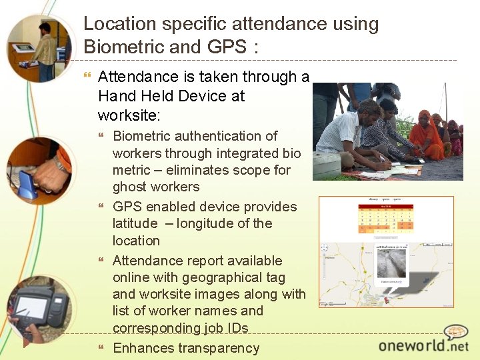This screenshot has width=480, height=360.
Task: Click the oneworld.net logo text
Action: pyautogui.click(x=423, y=345)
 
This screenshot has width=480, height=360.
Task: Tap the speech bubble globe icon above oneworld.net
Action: pyautogui.click(x=456, y=331)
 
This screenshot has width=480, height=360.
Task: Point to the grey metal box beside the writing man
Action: pyautogui.click(x=327, y=167)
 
